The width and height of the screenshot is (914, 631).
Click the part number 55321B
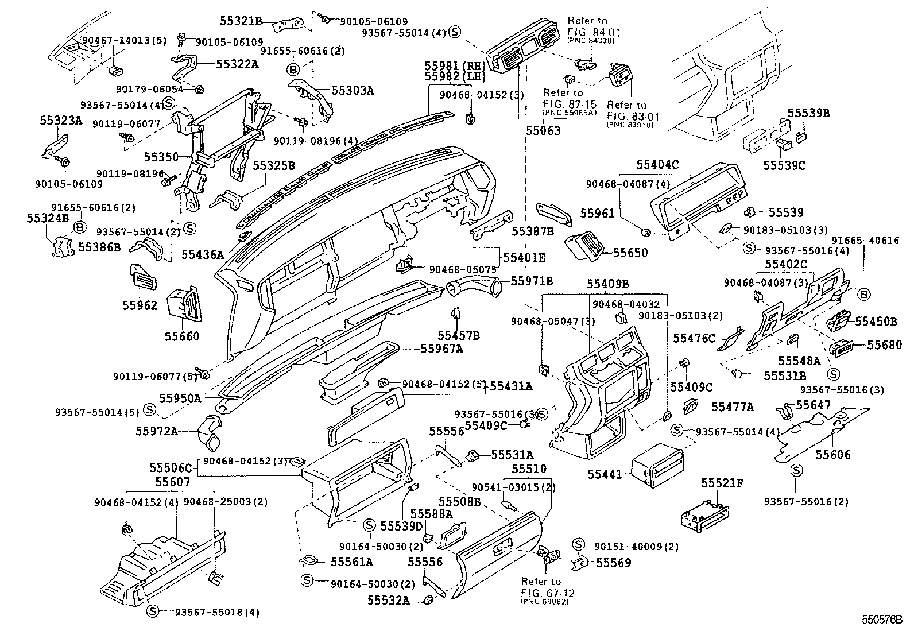pyautogui.click(x=241, y=22)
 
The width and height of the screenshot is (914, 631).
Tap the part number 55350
pyautogui.click(x=160, y=157)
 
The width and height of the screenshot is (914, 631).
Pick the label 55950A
pyautogui.click(x=180, y=397)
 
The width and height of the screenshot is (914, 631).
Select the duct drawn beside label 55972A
pyautogui.click(x=210, y=435)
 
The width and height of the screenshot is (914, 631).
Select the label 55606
pyautogui.click(x=834, y=455)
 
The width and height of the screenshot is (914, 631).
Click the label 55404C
pyautogui.click(x=657, y=165)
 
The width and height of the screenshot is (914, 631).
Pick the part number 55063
pyautogui.click(x=543, y=131)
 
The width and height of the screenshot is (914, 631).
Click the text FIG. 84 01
pyautogui.click(x=586, y=32)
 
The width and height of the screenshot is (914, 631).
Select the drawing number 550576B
pyautogui.click(x=881, y=620)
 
